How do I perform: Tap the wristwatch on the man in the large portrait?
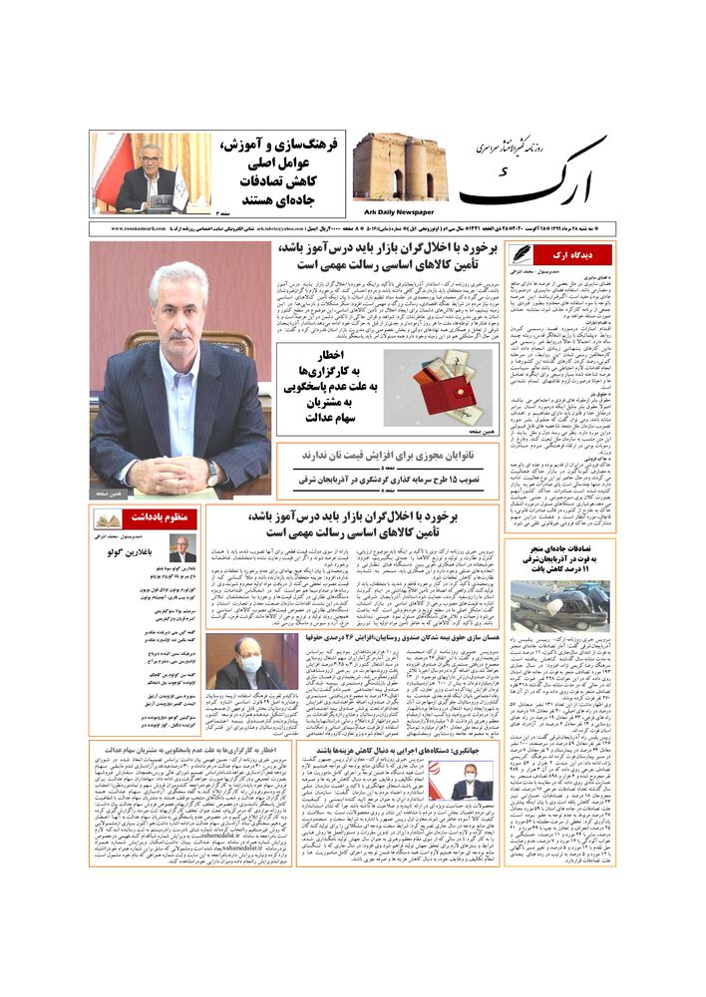[212, 467]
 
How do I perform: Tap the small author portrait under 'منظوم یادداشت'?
[181, 549]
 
